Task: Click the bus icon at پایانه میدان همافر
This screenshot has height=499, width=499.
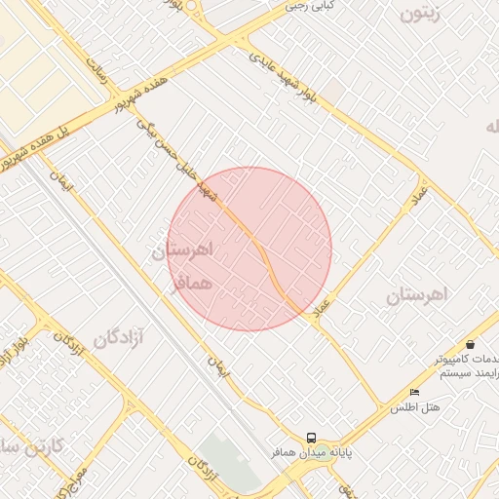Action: click(311, 439)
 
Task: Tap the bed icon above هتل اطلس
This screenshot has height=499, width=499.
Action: click(414, 392)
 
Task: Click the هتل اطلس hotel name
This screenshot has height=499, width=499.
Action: click(416, 407)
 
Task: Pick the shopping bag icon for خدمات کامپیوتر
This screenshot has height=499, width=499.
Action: click(471, 344)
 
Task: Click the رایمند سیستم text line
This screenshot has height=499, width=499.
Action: click(468, 374)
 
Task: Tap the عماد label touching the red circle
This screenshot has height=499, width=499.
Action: click(323, 311)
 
